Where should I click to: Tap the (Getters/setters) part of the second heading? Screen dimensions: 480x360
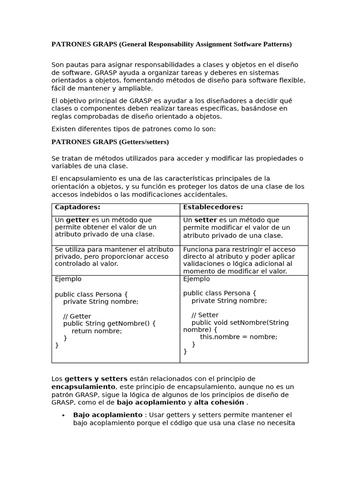coord(144,142)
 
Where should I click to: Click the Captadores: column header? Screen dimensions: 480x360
coord(77,207)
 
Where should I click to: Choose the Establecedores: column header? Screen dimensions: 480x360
coord(213,207)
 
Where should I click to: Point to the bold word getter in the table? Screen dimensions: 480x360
coord(77,220)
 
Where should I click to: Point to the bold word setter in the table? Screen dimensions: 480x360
coord(206,220)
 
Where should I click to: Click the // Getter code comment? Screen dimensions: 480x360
coord(77,316)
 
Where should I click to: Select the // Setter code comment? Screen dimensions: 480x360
coord(205,315)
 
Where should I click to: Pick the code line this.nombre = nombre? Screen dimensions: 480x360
coord(239,337)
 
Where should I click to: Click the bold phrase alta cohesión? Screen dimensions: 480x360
coord(219,403)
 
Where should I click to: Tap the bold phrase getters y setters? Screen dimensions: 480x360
coord(96,379)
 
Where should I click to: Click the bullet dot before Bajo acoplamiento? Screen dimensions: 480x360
coord(63,415)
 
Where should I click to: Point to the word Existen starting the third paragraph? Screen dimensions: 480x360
coord(64,129)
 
